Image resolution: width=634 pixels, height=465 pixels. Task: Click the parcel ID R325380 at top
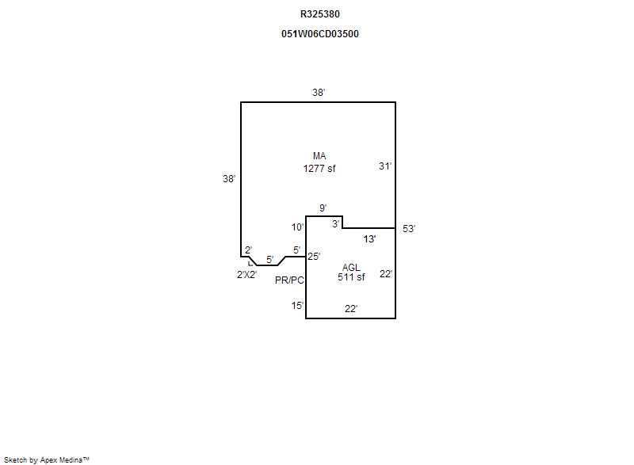pyautogui.click(x=320, y=14)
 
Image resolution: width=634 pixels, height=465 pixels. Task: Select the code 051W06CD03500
pyautogui.click(x=320, y=34)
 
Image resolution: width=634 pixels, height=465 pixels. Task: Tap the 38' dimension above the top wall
pyautogui.click(x=319, y=93)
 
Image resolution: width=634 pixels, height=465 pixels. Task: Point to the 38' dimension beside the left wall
pyautogui.click(x=229, y=178)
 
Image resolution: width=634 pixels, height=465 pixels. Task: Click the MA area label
pyautogui.click(x=319, y=156)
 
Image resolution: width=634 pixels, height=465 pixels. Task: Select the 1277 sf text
pyautogui.click(x=319, y=169)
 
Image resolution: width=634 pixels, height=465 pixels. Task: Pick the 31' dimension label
pyautogui.click(x=385, y=166)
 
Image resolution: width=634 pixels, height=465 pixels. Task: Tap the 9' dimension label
pyautogui.click(x=323, y=208)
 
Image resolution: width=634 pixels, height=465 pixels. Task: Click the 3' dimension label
pyautogui.click(x=335, y=224)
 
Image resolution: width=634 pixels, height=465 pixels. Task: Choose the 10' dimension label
pyautogui.click(x=298, y=227)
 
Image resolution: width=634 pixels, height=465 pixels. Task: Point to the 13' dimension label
pyautogui.click(x=369, y=239)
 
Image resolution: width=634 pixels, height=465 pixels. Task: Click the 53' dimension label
pyautogui.click(x=409, y=229)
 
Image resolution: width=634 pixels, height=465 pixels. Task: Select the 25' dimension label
pyautogui.click(x=314, y=256)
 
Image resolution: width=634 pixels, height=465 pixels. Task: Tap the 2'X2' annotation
pyautogui.click(x=246, y=275)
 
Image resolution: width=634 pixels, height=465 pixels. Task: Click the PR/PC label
pyautogui.click(x=289, y=280)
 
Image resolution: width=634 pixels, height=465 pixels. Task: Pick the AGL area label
pyautogui.click(x=351, y=268)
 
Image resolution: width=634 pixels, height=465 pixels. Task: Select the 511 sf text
pyautogui.click(x=351, y=277)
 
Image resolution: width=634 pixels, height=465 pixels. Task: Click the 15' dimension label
pyautogui.click(x=297, y=306)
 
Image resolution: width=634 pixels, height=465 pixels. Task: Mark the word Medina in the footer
pyautogui.click(x=71, y=460)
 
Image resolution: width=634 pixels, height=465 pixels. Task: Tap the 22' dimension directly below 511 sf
pyautogui.click(x=351, y=309)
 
